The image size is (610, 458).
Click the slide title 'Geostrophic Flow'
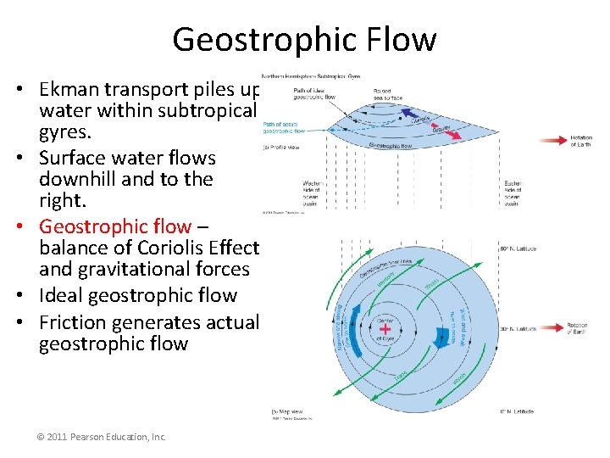coord(304,39)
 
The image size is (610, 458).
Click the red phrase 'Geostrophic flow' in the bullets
coord(115,226)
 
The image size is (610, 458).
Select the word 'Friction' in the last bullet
coord(75,322)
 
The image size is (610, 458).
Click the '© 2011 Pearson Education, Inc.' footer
coord(102,437)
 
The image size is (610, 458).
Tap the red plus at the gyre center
coord(385,329)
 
